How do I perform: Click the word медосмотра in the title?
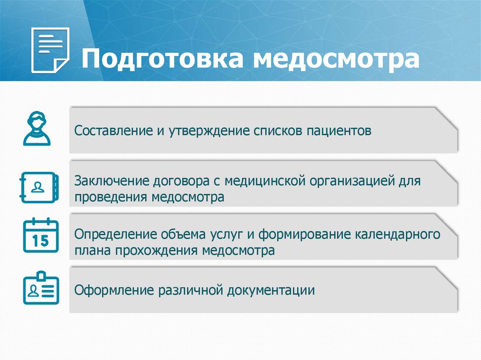click(x=336, y=60)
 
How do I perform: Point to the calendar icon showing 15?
click(x=41, y=236)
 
